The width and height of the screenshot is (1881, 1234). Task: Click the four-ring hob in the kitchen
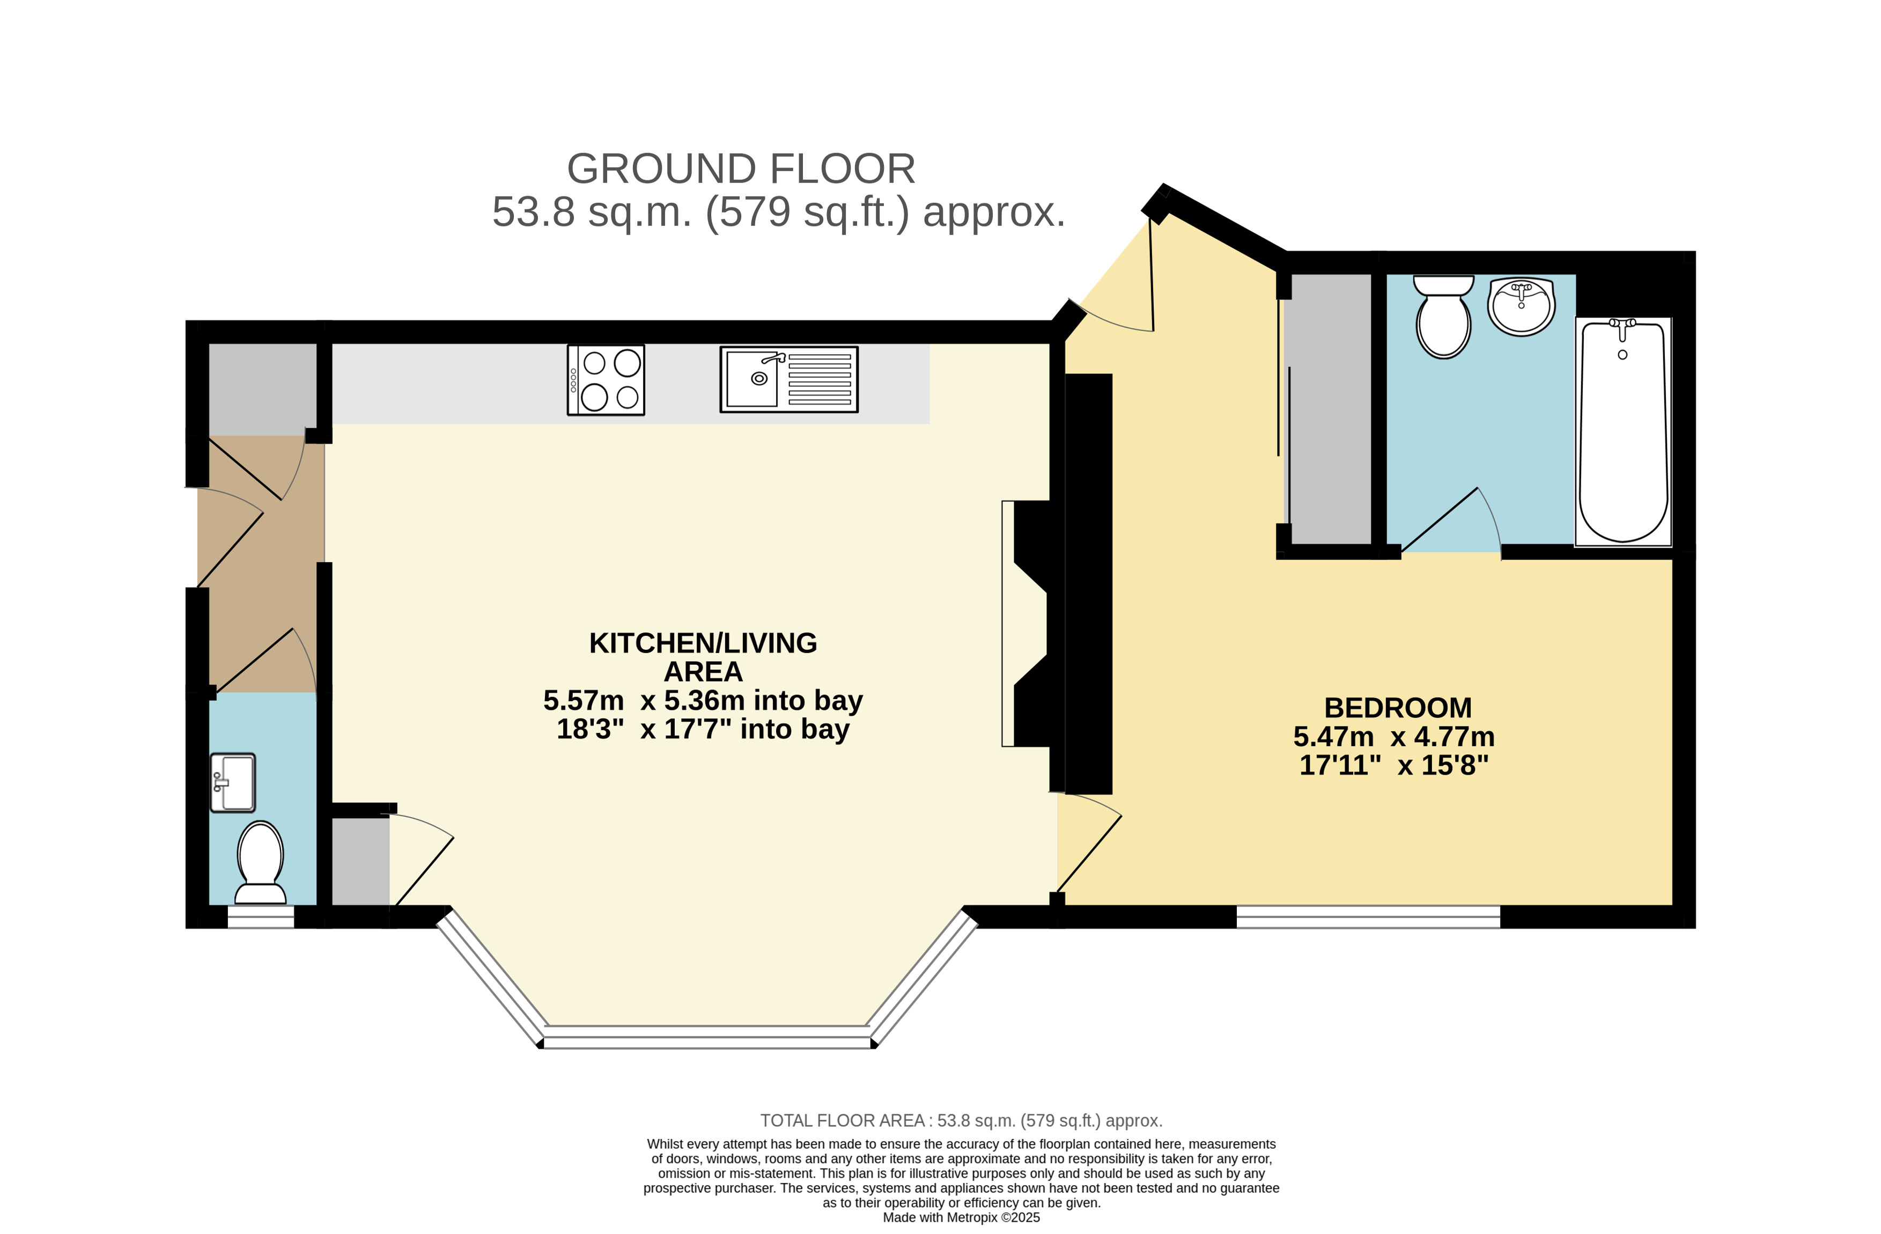point(606,379)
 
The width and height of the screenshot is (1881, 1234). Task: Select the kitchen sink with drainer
point(789,379)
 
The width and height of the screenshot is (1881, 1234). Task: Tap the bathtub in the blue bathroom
point(1622,431)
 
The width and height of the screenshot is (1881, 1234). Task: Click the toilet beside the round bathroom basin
point(1443,316)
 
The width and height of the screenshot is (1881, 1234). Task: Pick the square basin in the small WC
point(232,783)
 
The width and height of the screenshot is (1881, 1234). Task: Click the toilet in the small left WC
point(260,862)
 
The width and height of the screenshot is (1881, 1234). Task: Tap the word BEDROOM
point(1397,708)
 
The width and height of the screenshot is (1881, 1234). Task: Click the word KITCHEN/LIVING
point(703,643)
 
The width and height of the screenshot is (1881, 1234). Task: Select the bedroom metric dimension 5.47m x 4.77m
point(1393,737)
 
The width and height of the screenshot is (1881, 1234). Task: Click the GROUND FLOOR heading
point(741,168)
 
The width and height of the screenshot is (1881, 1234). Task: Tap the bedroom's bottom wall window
point(1368,916)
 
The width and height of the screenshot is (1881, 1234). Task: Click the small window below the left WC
point(261,916)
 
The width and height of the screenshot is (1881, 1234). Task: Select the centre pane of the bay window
point(708,1037)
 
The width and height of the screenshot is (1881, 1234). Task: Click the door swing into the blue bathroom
point(1450,519)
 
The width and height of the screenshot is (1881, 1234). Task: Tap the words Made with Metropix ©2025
point(961,1217)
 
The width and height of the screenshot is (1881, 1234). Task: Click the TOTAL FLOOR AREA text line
point(961,1120)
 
